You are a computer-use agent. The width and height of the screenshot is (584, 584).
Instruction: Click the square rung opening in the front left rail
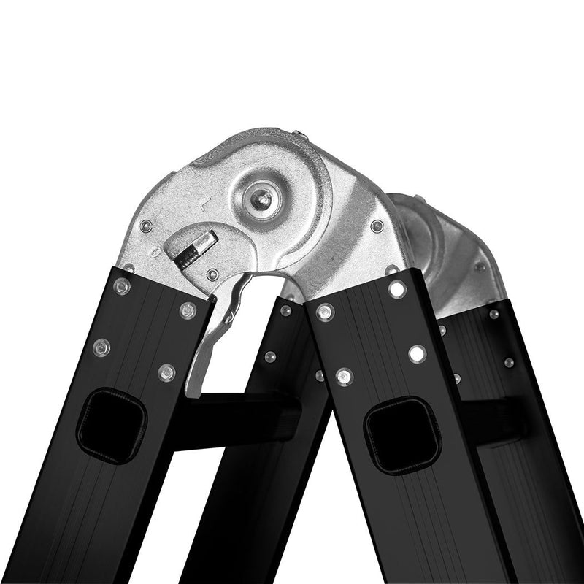click(x=112, y=426)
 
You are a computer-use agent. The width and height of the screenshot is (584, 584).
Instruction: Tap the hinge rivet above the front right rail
click(x=377, y=227)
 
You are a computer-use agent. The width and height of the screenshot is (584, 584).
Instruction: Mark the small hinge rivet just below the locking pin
click(x=212, y=275)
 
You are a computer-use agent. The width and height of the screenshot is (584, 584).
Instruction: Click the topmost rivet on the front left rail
click(x=122, y=286)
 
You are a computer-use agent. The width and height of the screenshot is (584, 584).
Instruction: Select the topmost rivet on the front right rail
click(x=397, y=289)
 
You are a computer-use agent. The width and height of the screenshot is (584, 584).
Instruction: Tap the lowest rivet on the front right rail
click(x=344, y=377)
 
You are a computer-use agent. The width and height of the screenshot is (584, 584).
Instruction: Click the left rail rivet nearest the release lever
click(x=188, y=310)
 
